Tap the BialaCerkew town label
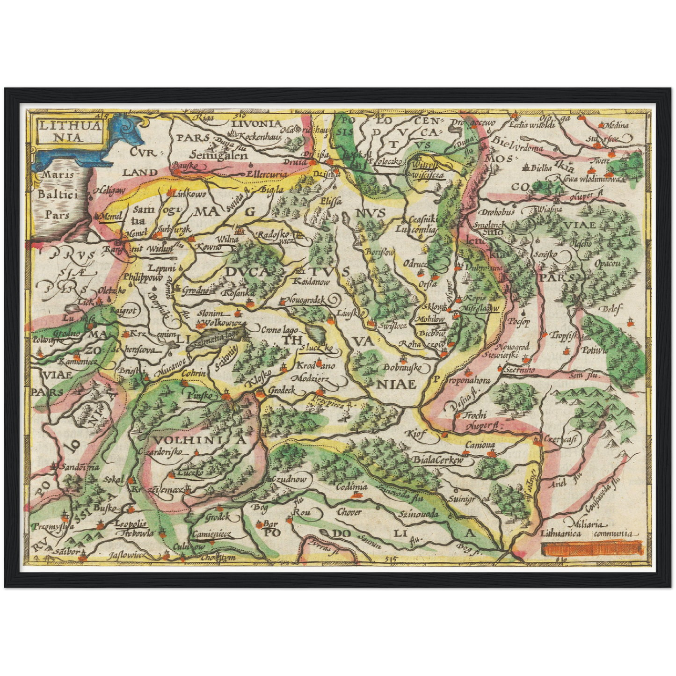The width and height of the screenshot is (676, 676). [x=437, y=460]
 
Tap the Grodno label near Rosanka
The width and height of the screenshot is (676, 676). [x=195, y=290]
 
